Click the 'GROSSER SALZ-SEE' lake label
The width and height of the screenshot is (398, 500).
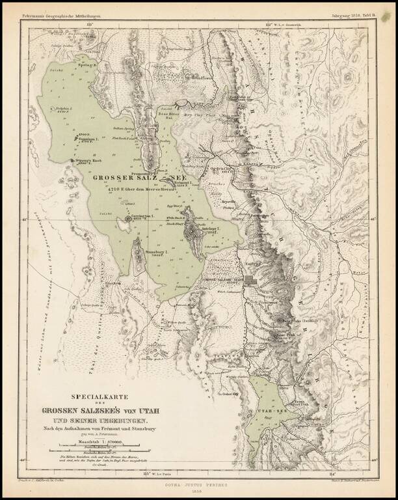139,176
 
